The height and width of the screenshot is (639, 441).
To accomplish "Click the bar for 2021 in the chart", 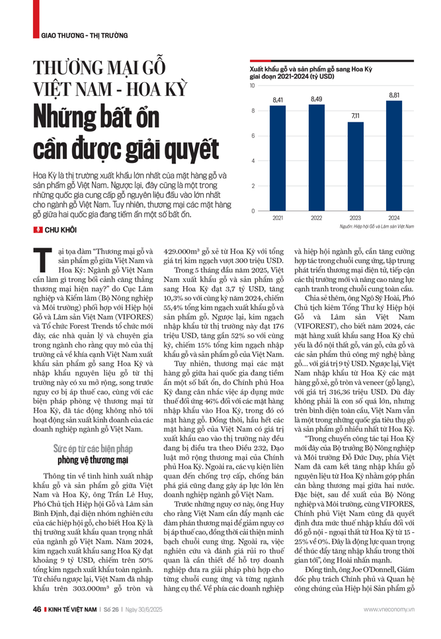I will pyautogui.click(x=278, y=158).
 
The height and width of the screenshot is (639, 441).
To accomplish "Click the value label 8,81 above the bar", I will pyautogui.click(x=393, y=95).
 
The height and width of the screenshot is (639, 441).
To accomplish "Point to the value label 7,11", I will pyautogui.click(x=355, y=116).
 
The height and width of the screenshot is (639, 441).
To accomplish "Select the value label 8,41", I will pyautogui.click(x=278, y=100).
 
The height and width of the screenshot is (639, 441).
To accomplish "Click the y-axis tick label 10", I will pyautogui.click(x=253, y=86).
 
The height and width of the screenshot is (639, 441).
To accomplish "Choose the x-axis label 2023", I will pyautogui.click(x=355, y=217).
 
